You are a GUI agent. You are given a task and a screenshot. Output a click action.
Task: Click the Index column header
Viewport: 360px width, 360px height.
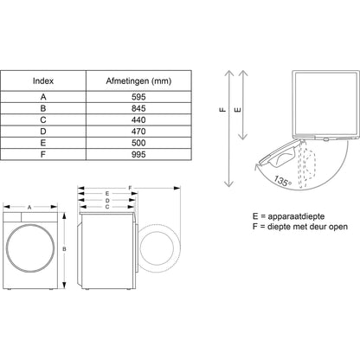[43, 80]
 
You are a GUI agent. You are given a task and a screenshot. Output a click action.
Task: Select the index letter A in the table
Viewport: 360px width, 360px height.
[43, 96]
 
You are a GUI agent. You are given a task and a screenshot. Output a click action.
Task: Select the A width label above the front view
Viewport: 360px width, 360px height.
[29, 208]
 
